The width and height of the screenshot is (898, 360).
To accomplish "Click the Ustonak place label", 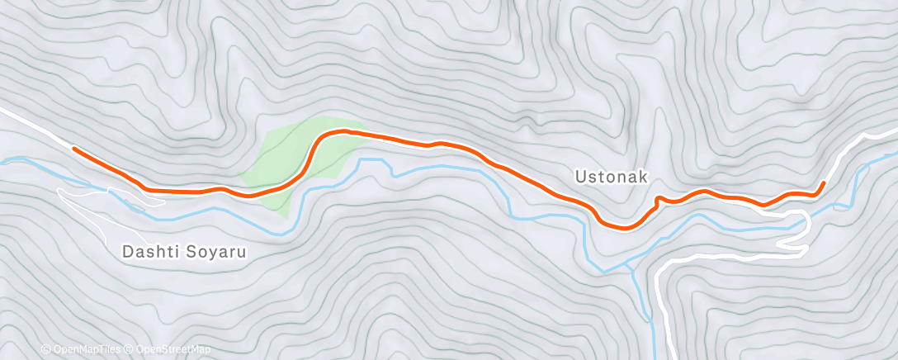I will [x=612, y=177].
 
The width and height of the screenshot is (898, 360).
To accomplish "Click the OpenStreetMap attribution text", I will [x=173, y=350].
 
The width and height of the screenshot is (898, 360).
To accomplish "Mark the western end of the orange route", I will [x=74, y=149].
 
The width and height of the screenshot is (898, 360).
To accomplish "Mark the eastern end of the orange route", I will [x=823, y=182].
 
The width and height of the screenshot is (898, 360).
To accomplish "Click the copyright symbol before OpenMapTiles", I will [x=45, y=350].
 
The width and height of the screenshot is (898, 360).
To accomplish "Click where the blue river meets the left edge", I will [x=3, y=160].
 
